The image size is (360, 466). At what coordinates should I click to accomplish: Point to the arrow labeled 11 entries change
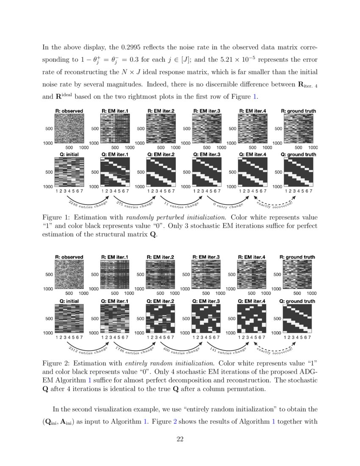point(180,201)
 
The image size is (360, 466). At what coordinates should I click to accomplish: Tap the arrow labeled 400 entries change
point(180,348)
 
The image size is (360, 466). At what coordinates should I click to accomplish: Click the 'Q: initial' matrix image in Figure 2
point(69,319)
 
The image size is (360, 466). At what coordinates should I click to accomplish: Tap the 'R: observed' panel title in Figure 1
point(69,111)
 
